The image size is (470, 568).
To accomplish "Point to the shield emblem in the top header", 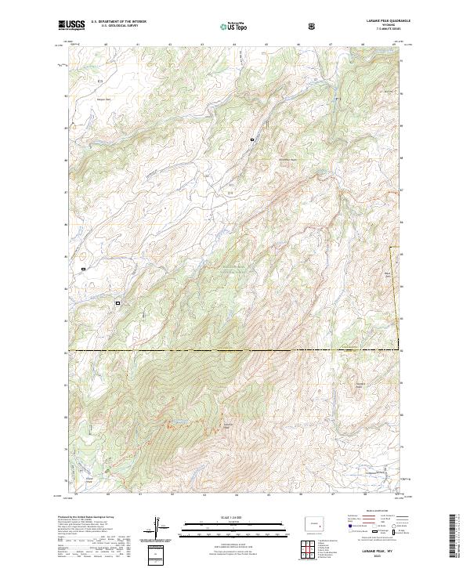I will (x=313, y=25).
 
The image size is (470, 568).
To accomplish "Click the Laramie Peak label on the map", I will (x=228, y=425).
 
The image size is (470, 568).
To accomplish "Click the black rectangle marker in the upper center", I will (x=252, y=139).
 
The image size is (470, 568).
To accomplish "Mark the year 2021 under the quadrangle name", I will (x=380, y=558).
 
